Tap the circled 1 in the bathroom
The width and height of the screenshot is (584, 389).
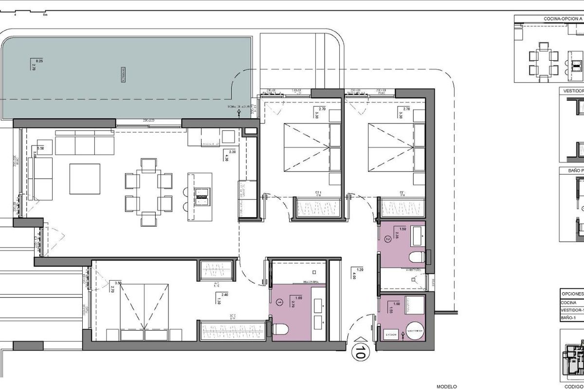(x=279, y=301)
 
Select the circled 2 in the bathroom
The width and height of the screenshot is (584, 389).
(x=388, y=239)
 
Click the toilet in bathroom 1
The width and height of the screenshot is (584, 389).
(x=280, y=329)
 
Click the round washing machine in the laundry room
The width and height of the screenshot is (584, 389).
(x=414, y=332)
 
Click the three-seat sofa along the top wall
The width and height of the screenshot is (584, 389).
(x=84, y=145)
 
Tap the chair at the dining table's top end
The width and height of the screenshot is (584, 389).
(x=148, y=164)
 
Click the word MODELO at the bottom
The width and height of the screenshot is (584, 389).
(x=447, y=387)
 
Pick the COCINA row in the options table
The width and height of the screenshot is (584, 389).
(x=570, y=302)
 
